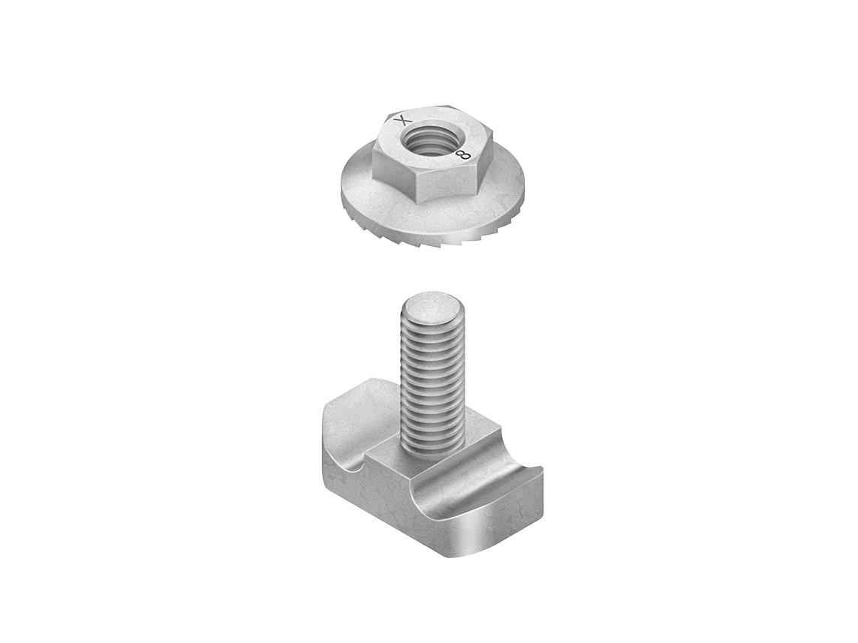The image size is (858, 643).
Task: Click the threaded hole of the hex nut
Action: click(x=427, y=136)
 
